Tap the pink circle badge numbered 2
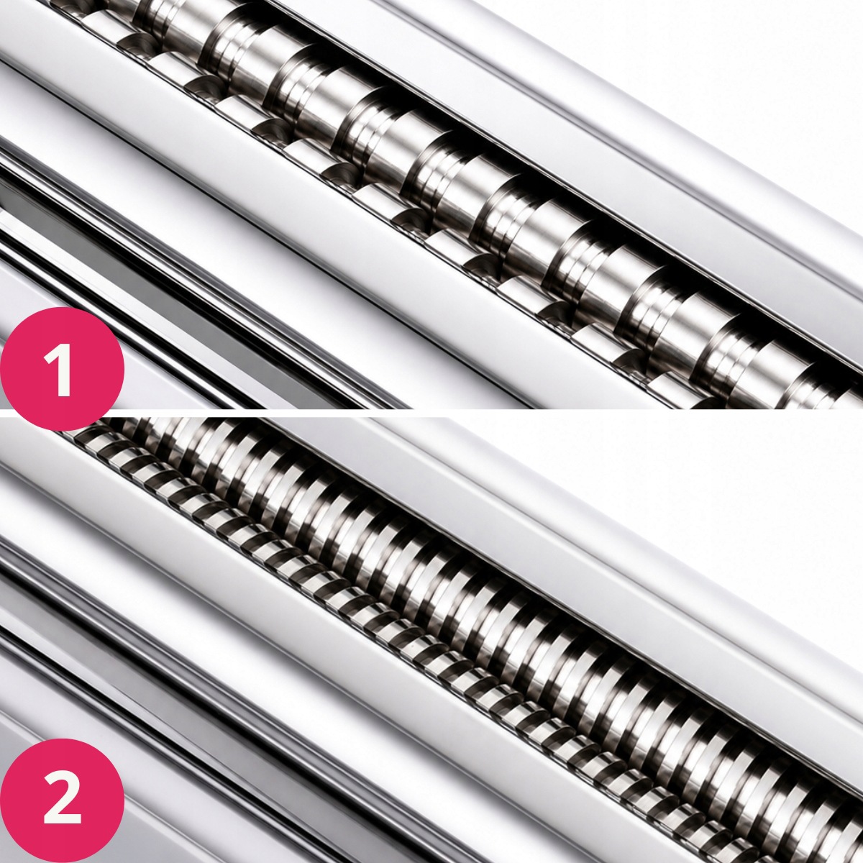[x=61, y=800]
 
